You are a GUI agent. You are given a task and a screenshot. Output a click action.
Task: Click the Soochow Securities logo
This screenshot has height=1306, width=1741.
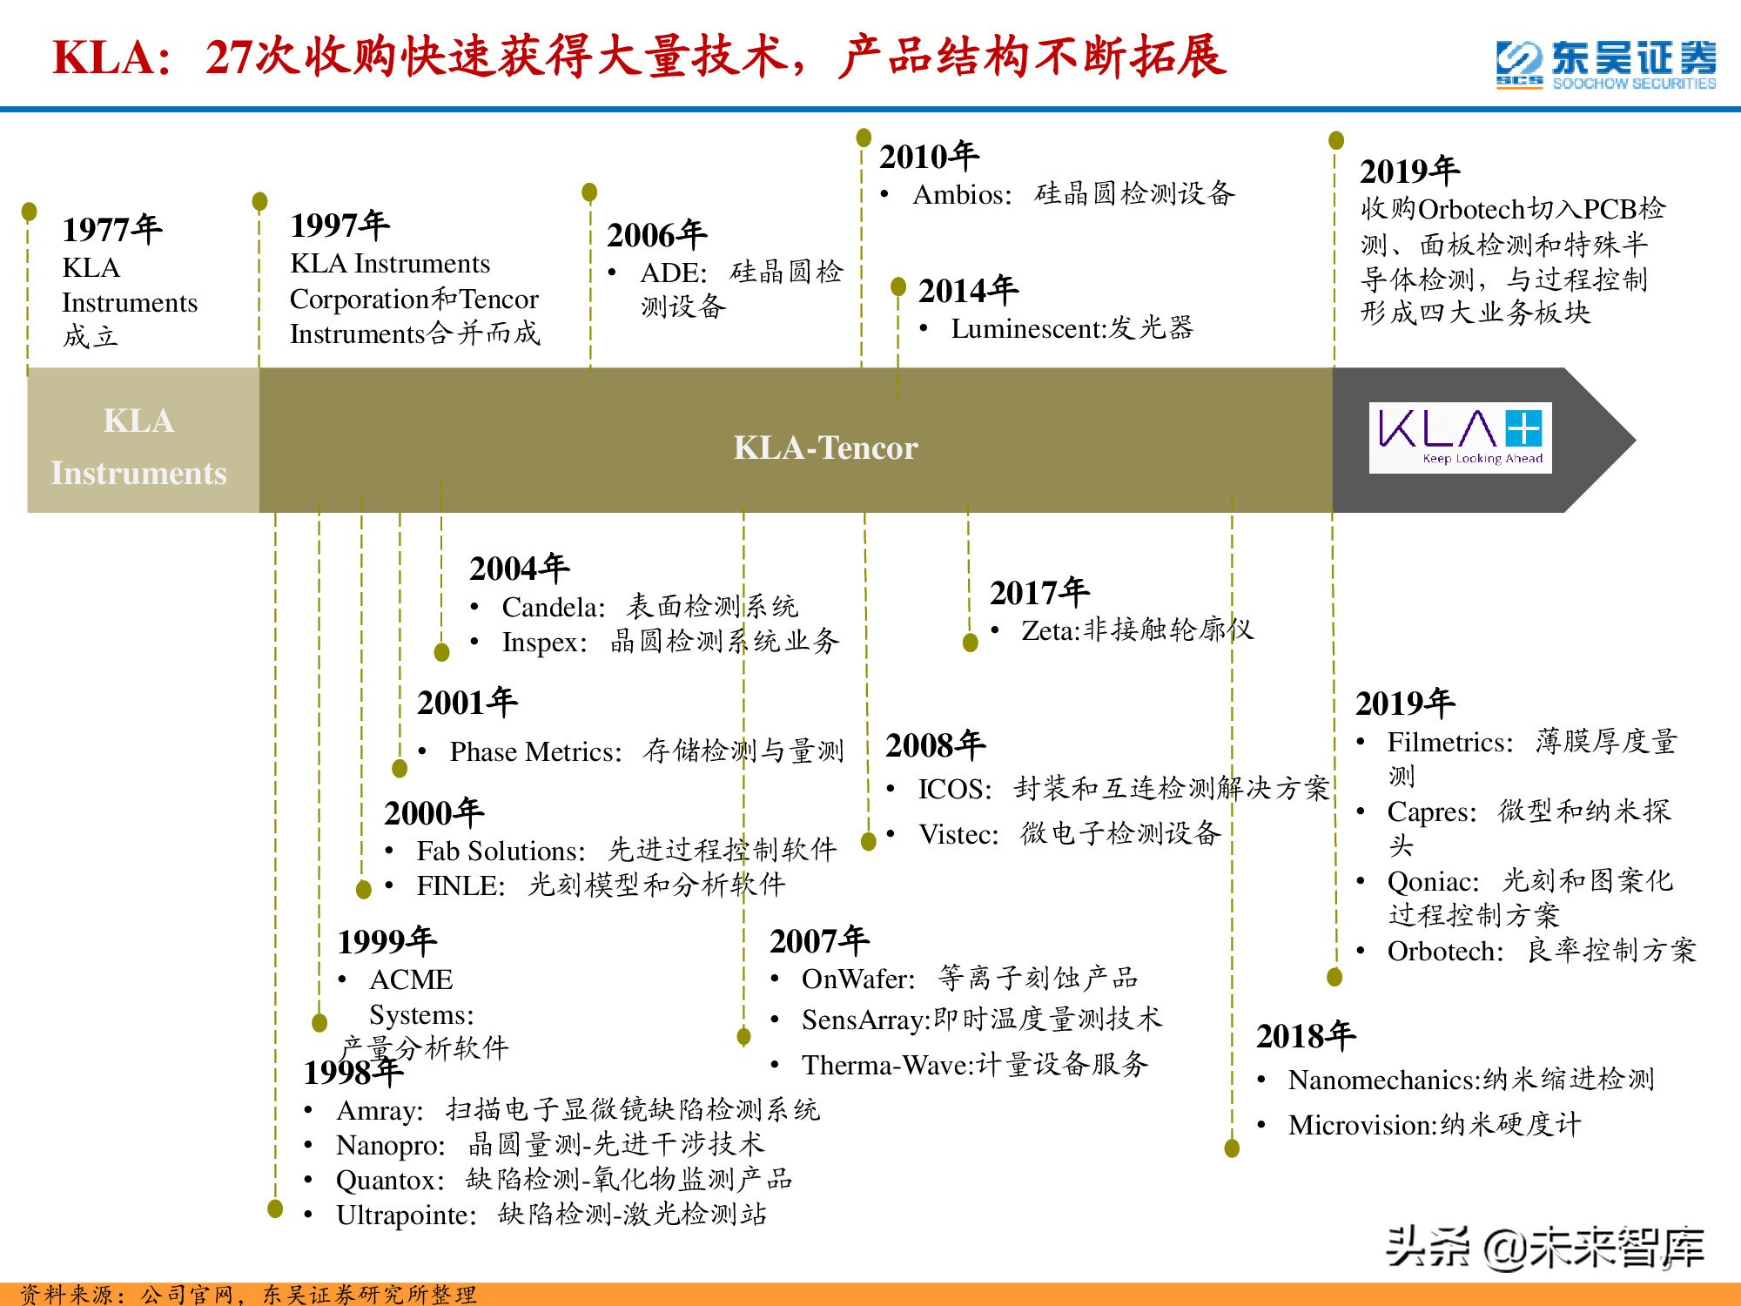tap(1606, 64)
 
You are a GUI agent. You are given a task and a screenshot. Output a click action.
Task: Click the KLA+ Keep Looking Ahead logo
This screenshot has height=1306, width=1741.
tap(1460, 438)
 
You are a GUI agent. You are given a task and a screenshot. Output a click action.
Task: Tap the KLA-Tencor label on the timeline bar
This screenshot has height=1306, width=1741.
tap(825, 448)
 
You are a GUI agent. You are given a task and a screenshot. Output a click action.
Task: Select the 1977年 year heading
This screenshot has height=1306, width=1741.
tap(112, 229)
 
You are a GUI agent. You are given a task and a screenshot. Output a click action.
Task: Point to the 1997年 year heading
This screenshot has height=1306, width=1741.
tap(339, 225)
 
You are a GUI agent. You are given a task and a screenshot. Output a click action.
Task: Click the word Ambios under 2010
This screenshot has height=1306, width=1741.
tap(961, 194)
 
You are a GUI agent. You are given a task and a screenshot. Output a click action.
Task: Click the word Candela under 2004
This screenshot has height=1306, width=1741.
tap(552, 607)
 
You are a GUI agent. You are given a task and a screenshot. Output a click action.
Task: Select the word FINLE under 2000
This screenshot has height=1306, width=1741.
tap(460, 885)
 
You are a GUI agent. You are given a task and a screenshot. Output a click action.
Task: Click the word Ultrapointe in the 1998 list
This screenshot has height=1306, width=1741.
tap(406, 1215)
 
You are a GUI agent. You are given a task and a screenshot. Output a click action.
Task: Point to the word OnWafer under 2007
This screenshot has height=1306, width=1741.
tap(857, 979)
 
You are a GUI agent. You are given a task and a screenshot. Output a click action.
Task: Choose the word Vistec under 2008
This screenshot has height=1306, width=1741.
tap(958, 834)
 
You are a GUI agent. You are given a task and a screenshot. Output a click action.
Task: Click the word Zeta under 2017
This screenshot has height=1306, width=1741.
tap(1049, 629)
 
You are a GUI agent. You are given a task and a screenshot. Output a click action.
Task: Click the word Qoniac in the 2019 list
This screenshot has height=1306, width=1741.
tap(1432, 881)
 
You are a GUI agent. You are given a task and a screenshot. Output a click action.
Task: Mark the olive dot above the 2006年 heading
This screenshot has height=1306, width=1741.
tap(589, 192)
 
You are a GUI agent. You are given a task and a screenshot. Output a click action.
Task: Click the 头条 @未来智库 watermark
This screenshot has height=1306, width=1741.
tap(1544, 1247)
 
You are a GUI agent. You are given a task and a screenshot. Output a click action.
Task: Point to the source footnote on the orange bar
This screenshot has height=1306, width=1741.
tap(248, 1295)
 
